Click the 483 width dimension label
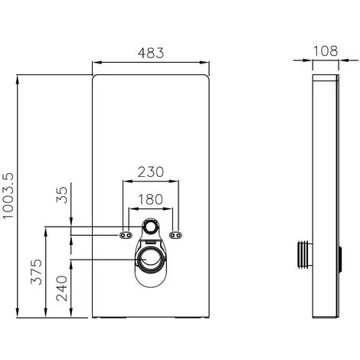151,53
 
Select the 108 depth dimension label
326,51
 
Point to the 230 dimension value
150,172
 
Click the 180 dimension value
150,199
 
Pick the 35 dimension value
62,195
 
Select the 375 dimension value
37,272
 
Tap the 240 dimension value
62,289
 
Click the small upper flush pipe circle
150,226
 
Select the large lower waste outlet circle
150,259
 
